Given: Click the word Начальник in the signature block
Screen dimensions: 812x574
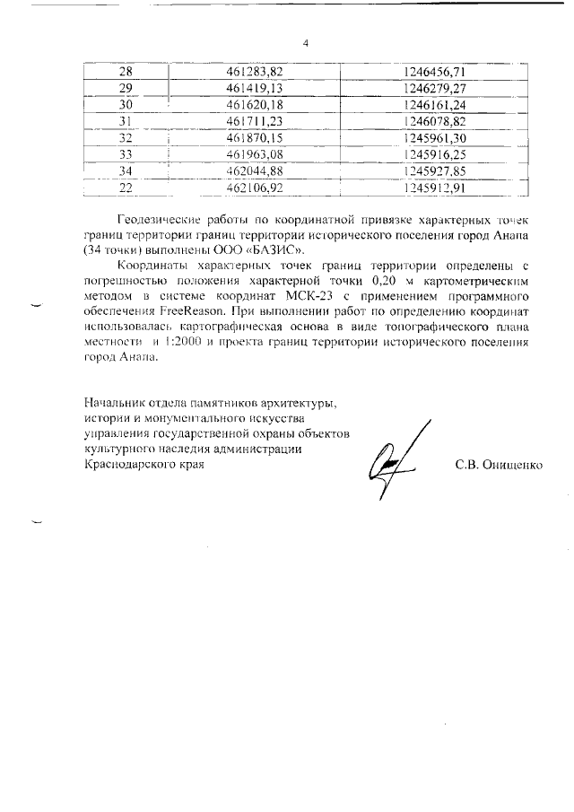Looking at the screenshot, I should pyautogui.click(x=115, y=402).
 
